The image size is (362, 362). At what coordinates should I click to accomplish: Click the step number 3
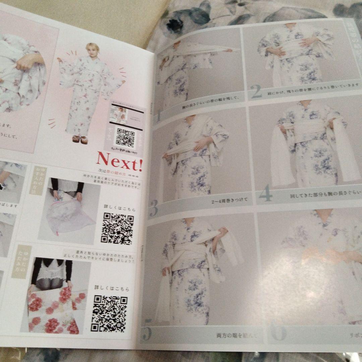(153, 208)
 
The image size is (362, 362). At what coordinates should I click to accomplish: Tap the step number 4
(265, 195)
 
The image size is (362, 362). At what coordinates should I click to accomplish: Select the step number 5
(146, 334)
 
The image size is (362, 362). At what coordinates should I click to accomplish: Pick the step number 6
(278, 331)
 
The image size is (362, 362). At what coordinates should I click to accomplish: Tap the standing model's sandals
(79, 139)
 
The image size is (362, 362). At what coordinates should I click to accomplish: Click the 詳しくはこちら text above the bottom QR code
(111, 288)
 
